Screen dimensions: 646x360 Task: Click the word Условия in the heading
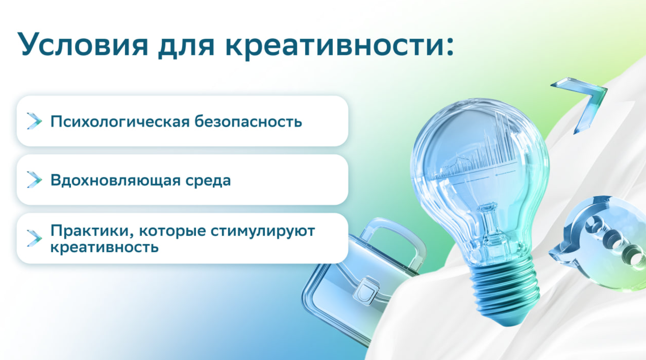pyautogui.click(x=83, y=44)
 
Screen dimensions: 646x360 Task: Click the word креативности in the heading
pyautogui.click(x=340, y=46)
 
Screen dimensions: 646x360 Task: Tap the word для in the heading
pyautogui.click(x=186, y=47)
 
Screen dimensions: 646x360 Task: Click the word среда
pyautogui.click(x=208, y=180)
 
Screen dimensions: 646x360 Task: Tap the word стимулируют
pyautogui.click(x=263, y=231)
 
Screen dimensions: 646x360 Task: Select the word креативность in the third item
pyautogui.click(x=105, y=247)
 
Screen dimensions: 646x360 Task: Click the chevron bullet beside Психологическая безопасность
pyautogui.click(x=34, y=121)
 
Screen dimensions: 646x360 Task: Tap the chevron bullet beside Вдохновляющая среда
pyautogui.click(x=34, y=180)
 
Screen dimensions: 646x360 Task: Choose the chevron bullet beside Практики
pyautogui.click(x=34, y=238)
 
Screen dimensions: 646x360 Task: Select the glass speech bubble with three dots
pyautogui.click(x=602, y=242)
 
